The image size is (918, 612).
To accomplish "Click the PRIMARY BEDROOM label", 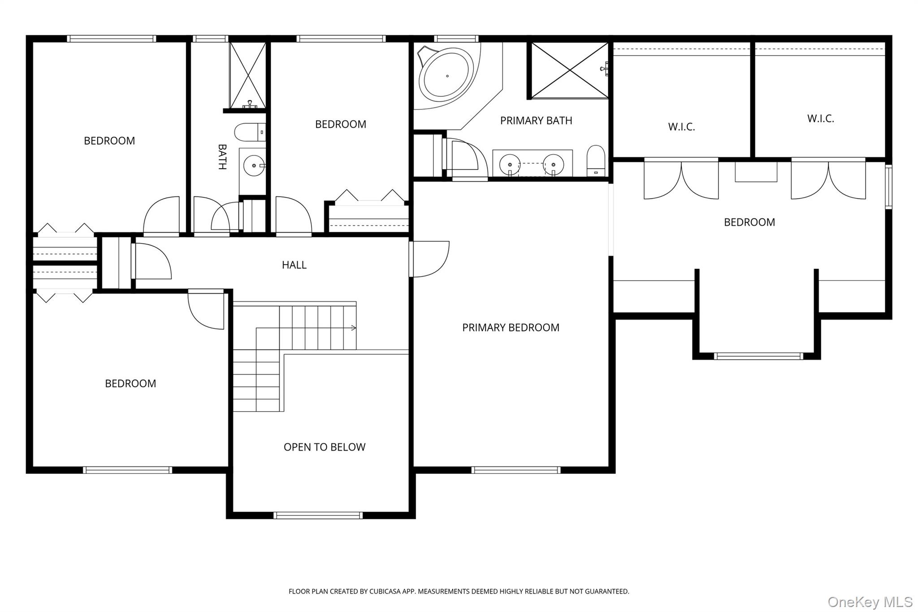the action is point(511,328).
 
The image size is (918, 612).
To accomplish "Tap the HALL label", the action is point(294,265).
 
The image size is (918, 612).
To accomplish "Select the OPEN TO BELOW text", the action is point(325,447).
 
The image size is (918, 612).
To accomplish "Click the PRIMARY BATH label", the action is point(536,121).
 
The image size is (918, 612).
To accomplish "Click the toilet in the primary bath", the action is point(596,160).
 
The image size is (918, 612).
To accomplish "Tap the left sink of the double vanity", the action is point(510,165).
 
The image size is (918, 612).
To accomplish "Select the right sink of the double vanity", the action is point(554,165).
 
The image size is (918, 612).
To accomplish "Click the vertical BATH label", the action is point(222,157).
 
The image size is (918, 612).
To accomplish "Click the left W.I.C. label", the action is point(681,127).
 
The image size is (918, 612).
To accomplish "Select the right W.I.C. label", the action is point(821,119).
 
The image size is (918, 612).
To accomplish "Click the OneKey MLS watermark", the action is point(870,602).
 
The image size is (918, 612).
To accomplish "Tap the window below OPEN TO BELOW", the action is point(318,516).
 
